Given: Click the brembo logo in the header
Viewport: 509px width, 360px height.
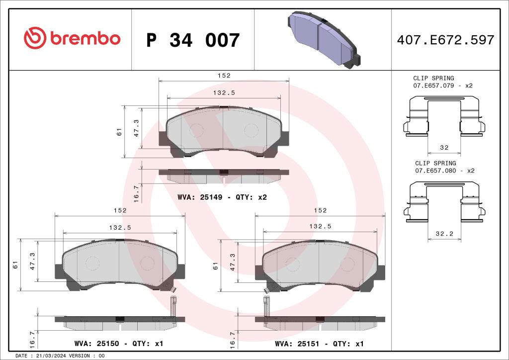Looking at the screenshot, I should tap(72, 38).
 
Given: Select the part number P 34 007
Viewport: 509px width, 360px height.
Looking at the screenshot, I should tap(193, 40).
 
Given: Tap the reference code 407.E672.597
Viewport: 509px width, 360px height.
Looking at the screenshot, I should tap(445, 40).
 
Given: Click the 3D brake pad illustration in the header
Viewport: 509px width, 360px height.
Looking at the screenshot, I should tap(324, 39).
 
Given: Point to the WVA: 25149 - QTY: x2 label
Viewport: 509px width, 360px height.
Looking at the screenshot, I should tap(222, 197).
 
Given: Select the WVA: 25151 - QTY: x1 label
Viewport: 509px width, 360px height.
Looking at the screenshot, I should tap(320, 344).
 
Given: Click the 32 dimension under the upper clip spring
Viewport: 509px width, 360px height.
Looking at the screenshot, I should tap(444, 148).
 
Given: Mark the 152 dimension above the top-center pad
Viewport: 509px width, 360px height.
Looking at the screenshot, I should tap(224, 76).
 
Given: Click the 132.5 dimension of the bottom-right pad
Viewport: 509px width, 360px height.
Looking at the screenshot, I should tap(320, 226).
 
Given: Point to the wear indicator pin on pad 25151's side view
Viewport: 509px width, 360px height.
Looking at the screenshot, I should tap(267, 306).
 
